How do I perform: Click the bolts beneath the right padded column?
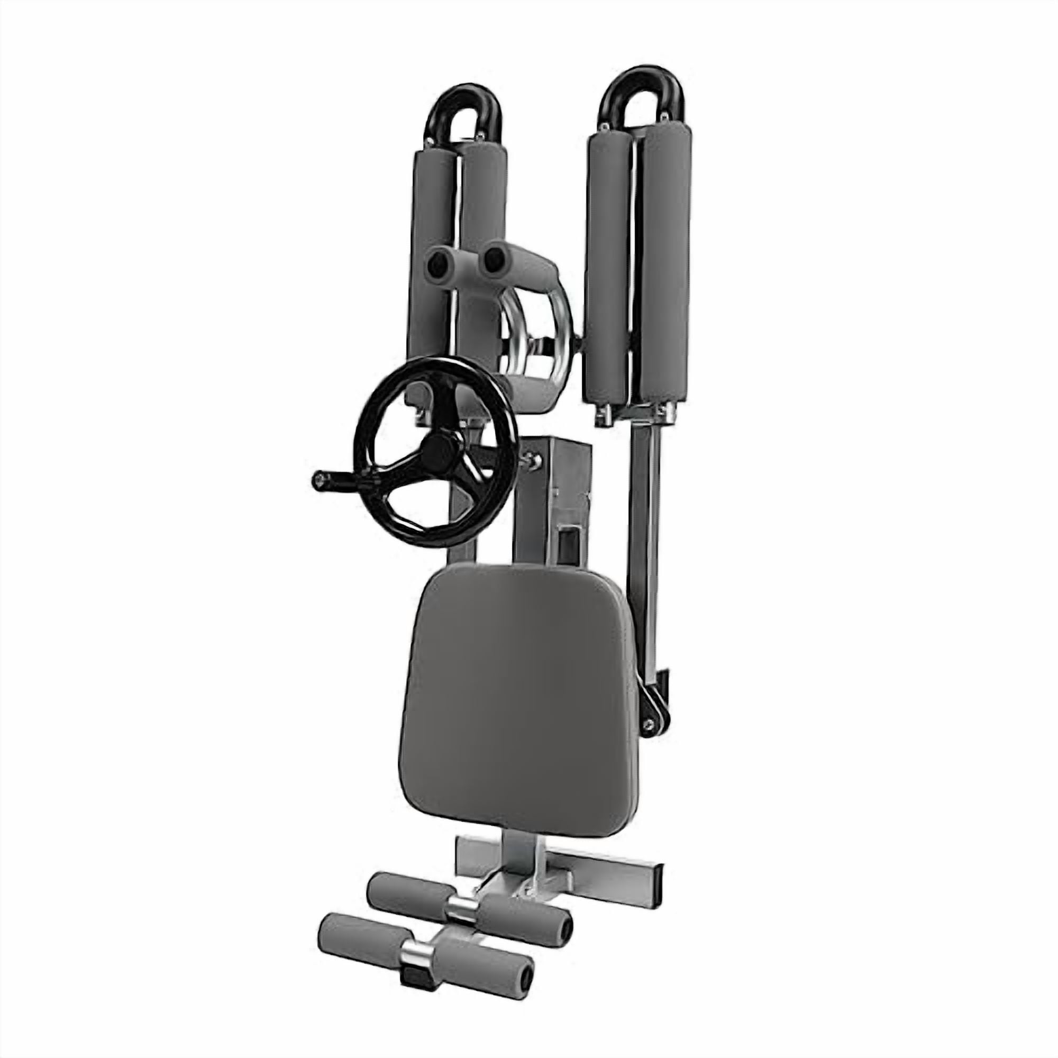click(635, 415)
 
